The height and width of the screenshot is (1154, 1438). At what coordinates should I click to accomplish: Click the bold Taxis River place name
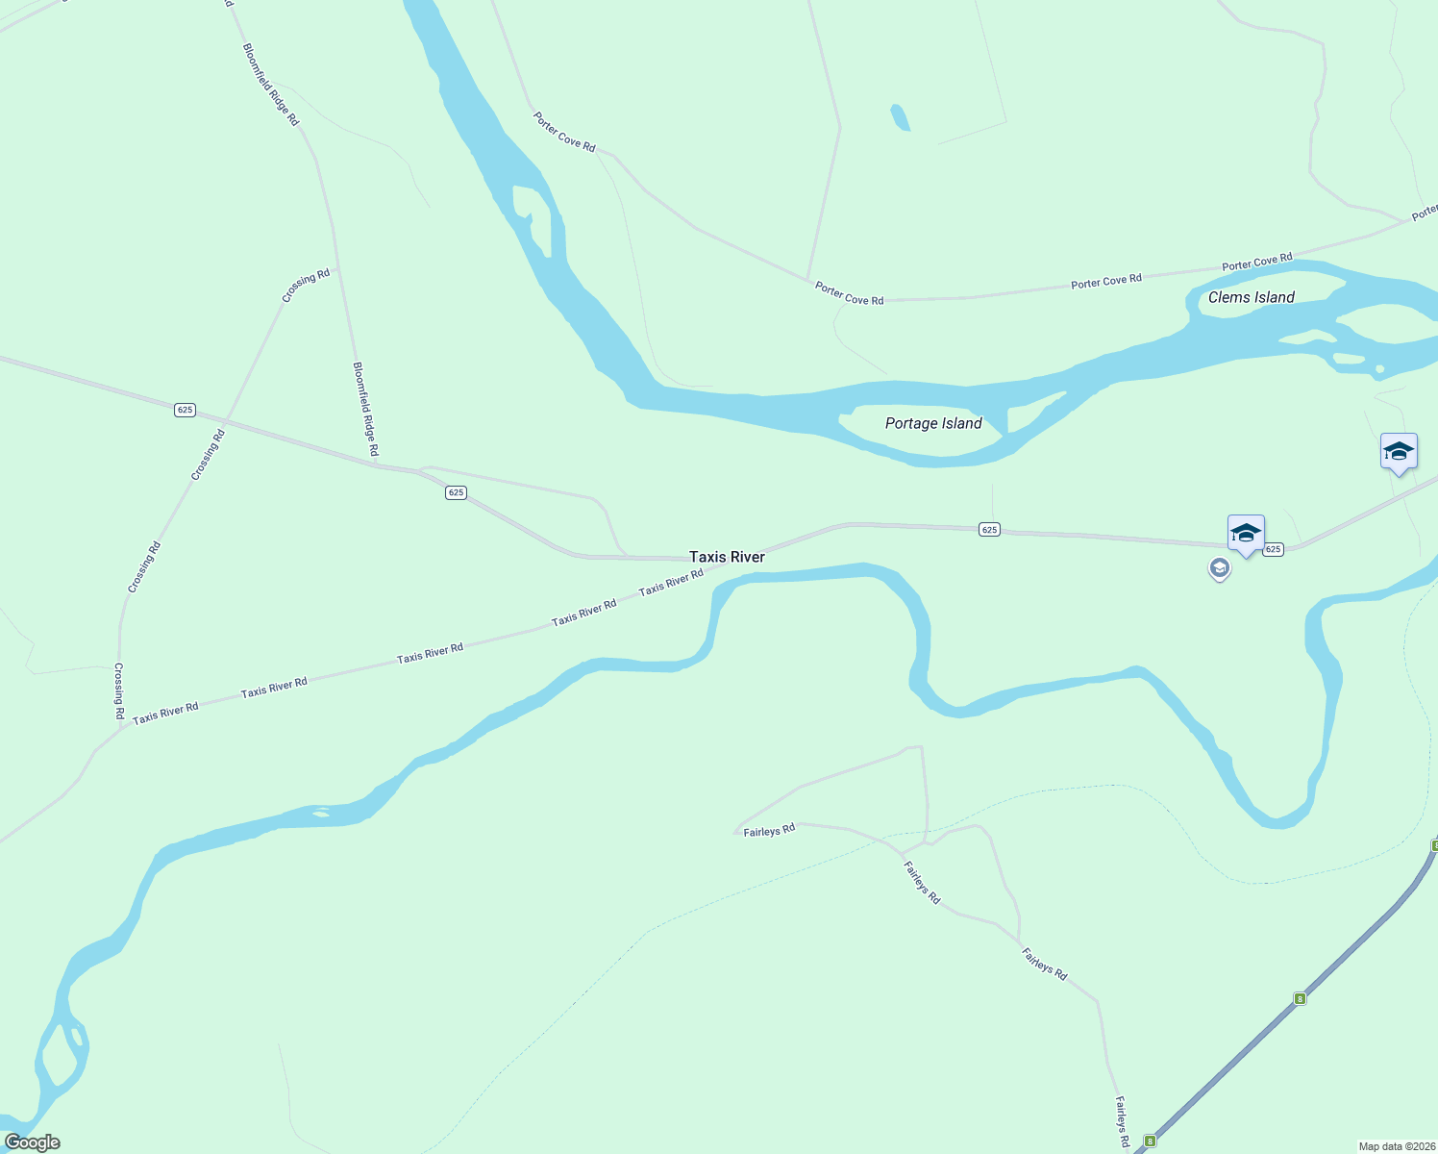727,557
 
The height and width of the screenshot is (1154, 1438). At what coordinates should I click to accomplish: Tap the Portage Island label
933,423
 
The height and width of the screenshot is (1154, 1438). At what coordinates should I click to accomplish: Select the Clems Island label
1251,297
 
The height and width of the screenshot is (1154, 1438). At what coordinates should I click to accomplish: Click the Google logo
33,1142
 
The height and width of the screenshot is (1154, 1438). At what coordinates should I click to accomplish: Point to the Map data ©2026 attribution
1396,1146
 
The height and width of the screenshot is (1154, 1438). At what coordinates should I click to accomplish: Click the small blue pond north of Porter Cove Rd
900,117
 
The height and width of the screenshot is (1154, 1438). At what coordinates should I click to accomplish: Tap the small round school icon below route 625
1220,569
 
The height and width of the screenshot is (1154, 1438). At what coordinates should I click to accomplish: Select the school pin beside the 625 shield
1246,534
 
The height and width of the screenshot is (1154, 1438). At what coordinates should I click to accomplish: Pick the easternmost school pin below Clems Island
1399,452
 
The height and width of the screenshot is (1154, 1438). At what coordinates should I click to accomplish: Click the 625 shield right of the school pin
1273,549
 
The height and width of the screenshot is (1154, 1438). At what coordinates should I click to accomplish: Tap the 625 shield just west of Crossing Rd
186,410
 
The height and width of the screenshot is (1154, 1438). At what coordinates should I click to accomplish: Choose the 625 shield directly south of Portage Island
990,529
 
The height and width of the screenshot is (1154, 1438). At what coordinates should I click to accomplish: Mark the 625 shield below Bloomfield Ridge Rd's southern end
456,492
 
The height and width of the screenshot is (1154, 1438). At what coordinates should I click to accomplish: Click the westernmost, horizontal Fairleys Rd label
769,831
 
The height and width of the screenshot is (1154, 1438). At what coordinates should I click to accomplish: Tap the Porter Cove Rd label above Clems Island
1257,263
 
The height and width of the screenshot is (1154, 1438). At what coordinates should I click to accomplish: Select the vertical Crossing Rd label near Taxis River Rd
119,690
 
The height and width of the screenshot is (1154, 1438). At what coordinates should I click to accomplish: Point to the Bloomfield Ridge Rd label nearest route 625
365,409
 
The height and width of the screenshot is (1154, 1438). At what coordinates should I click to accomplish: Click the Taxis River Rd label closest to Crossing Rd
165,714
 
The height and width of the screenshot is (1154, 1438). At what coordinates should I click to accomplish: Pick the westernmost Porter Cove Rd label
564,132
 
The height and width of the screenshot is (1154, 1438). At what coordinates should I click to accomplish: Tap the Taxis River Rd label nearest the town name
671,582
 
